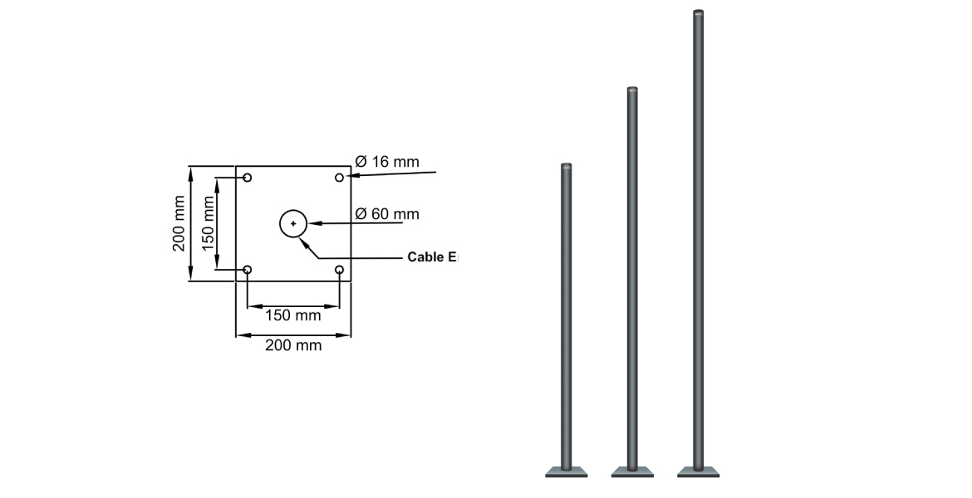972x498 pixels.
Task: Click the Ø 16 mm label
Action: (x=387, y=162)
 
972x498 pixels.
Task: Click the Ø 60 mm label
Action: (x=387, y=214)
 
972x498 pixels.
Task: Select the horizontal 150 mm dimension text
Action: (x=292, y=315)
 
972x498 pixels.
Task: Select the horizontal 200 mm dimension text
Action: (x=292, y=345)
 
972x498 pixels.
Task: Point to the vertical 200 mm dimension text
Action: (x=179, y=223)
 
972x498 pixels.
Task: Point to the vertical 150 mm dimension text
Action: (x=209, y=223)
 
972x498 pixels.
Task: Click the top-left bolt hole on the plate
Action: (x=248, y=178)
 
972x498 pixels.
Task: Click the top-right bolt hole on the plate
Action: (x=339, y=178)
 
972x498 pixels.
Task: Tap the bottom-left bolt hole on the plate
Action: (x=248, y=270)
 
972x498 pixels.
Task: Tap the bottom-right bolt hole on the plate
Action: (x=339, y=270)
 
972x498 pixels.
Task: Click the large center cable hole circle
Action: (x=293, y=223)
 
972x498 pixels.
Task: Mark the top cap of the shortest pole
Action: (x=567, y=167)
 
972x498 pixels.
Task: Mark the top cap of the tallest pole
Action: (x=699, y=13)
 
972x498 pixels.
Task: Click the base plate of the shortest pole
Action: (x=567, y=473)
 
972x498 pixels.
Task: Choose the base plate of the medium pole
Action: (x=632, y=473)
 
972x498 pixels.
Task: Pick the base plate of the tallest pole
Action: (x=699, y=473)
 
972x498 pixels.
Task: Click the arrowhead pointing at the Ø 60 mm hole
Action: (x=312, y=223)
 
